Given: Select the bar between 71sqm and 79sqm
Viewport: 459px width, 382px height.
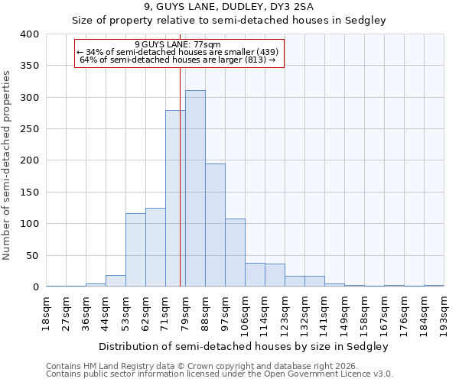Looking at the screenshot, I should [x=175, y=199].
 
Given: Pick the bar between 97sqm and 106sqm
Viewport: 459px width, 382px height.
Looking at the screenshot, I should [x=235, y=253].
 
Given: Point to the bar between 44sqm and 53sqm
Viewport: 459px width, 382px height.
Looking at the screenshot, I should [x=116, y=281].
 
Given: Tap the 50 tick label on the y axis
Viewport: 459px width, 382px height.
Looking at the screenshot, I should [x=32, y=255].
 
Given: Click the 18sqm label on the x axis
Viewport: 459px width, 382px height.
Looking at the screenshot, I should [x=47, y=311].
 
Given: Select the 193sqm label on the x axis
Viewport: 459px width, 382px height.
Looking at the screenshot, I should [x=444, y=311].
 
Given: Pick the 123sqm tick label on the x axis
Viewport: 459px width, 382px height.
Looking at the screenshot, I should [x=285, y=311].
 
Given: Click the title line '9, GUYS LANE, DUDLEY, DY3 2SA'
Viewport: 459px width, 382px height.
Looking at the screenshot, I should [x=229, y=8].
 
